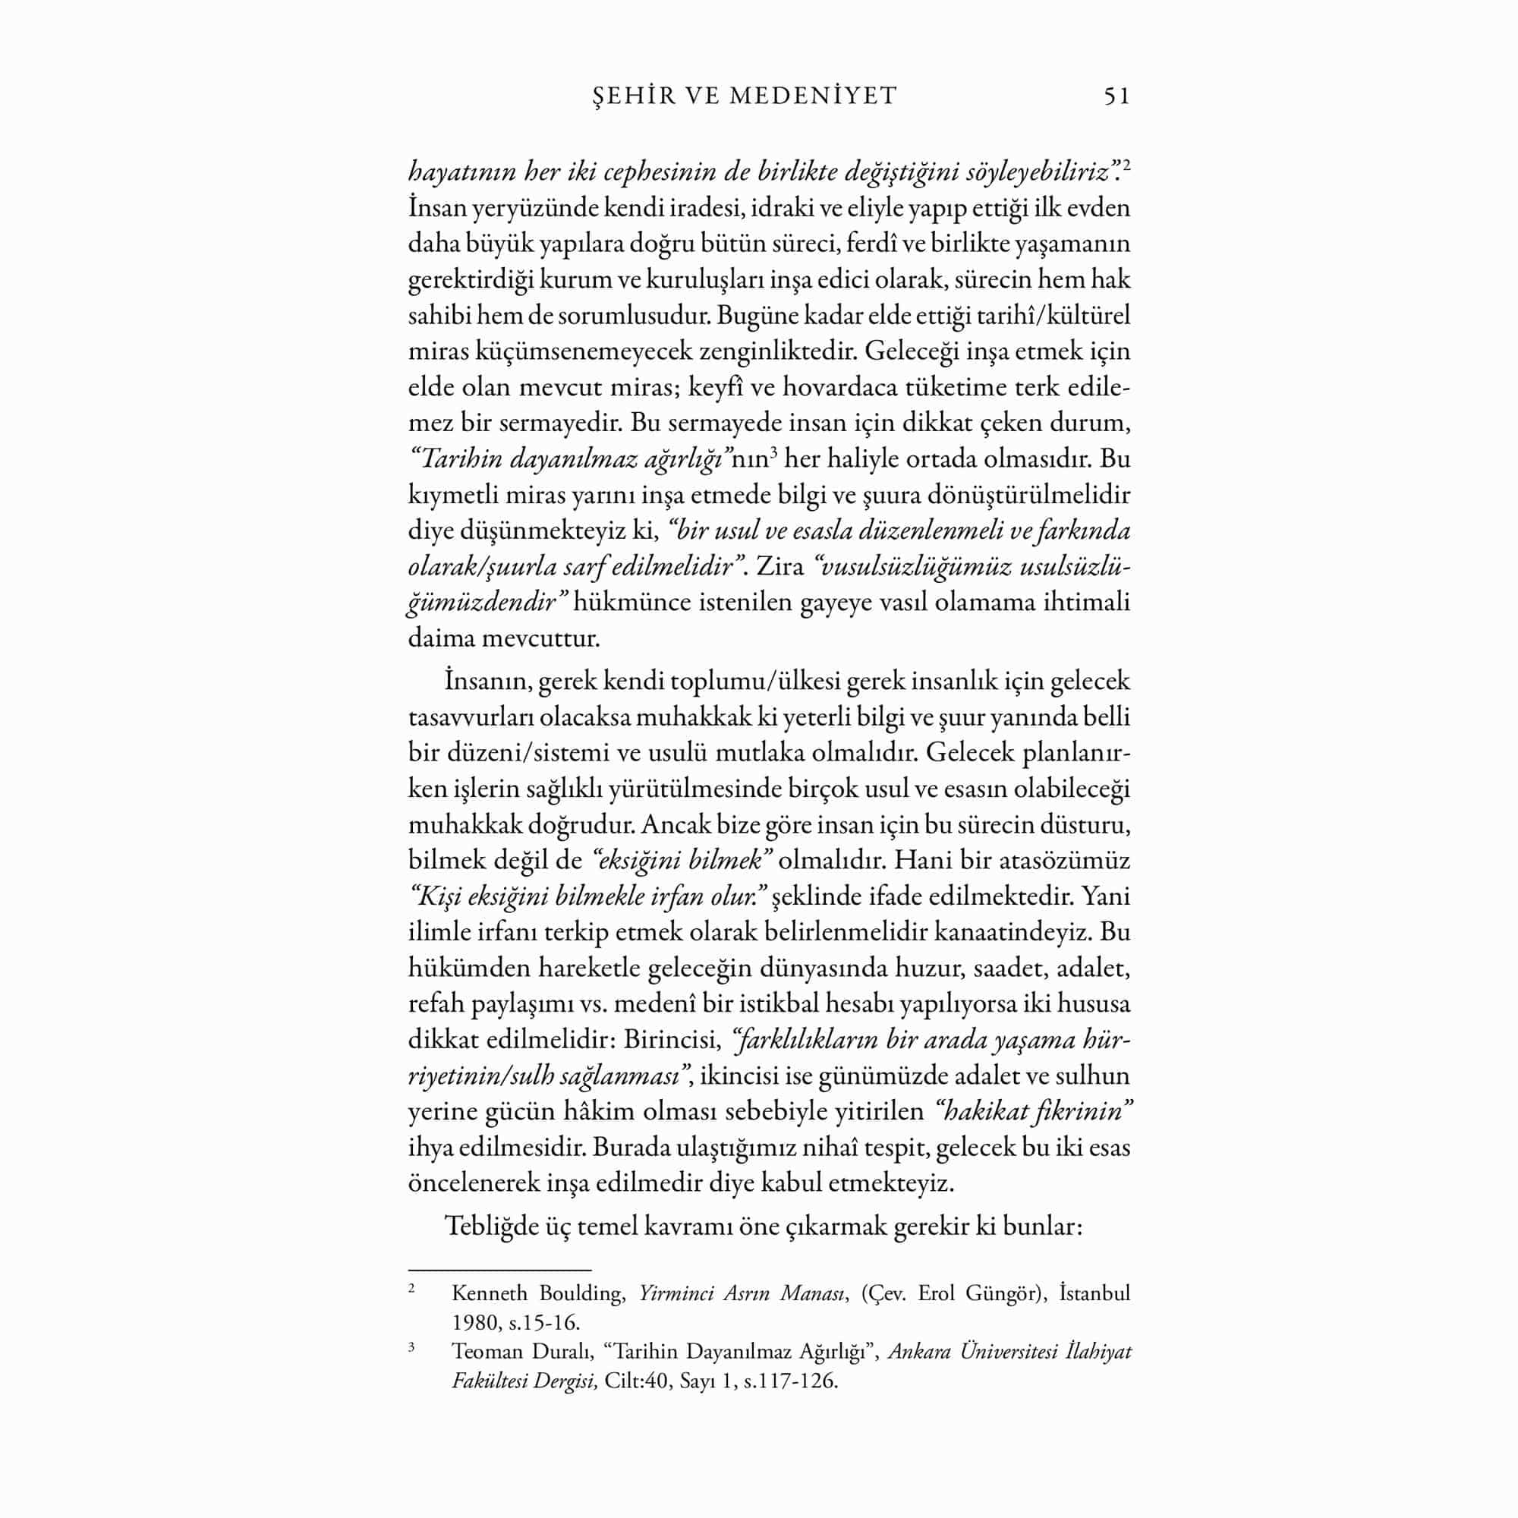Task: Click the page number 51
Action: coord(1116,96)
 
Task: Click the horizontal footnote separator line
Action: coord(499,1269)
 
